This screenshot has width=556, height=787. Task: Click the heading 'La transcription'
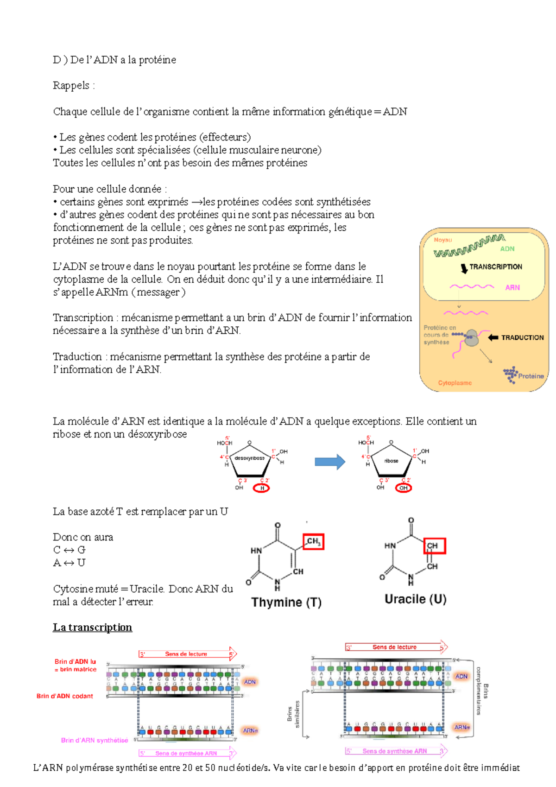click(x=92, y=627)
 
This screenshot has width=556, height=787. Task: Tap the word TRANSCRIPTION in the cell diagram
click(x=495, y=267)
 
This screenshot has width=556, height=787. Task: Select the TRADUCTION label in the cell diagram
click(x=522, y=337)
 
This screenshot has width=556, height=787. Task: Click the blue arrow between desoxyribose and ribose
click(x=330, y=462)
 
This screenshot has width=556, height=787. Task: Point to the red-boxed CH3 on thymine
click(x=313, y=541)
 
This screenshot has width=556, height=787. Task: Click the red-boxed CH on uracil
click(x=435, y=546)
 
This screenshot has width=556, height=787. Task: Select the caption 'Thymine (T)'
click(x=286, y=602)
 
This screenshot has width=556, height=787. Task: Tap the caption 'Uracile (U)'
click(x=415, y=599)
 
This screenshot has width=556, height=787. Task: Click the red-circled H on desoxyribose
click(x=262, y=488)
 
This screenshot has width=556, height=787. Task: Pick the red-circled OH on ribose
click(x=404, y=488)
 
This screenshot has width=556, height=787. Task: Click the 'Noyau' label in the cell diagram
click(x=442, y=240)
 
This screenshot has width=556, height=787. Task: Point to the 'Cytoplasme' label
click(x=455, y=383)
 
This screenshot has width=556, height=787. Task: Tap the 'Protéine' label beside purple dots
click(x=531, y=376)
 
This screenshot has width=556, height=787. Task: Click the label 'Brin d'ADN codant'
click(x=65, y=696)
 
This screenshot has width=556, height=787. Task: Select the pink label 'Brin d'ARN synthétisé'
click(x=95, y=740)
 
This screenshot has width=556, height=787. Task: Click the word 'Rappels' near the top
click(x=71, y=85)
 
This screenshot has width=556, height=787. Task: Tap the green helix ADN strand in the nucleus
click(x=468, y=247)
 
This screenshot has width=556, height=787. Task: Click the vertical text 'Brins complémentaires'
click(x=482, y=691)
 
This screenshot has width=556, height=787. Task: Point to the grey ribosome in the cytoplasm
click(x=472, y=338)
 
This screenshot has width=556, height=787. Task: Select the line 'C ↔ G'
click(x=69, y=550)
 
